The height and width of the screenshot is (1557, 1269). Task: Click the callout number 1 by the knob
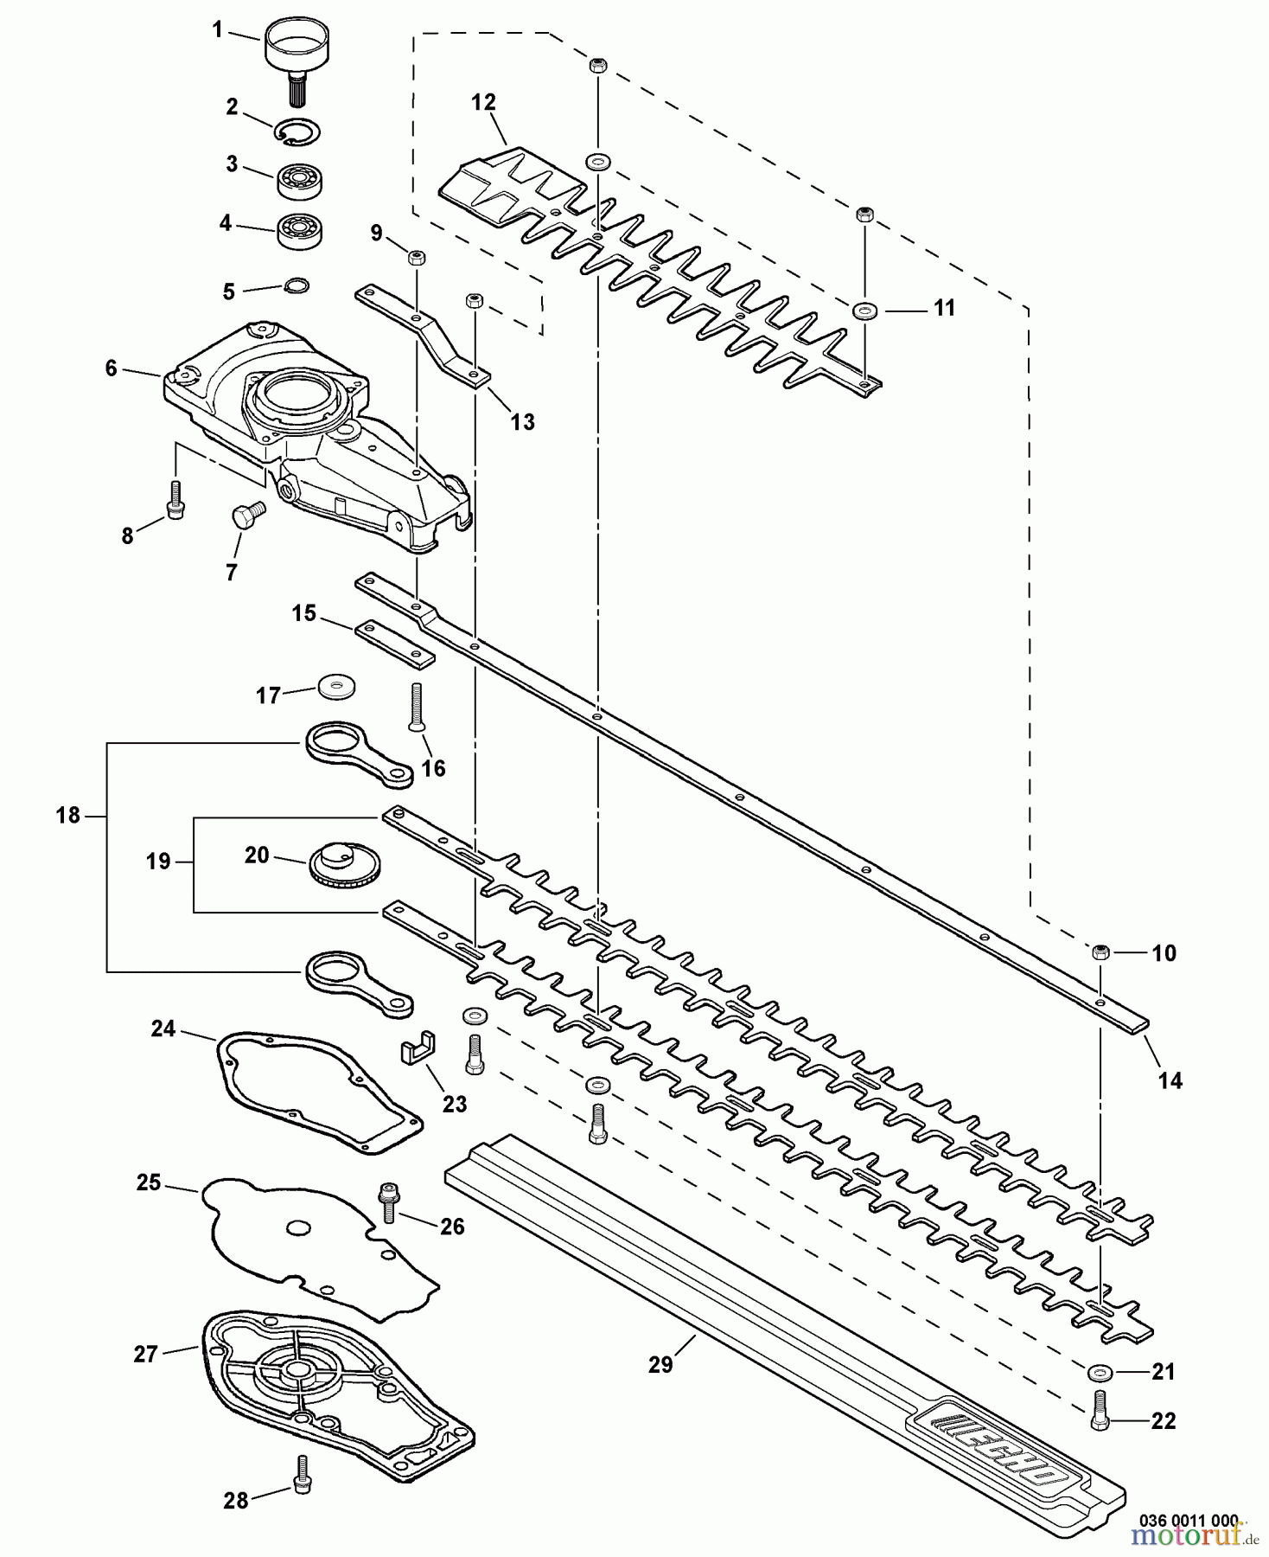[x=217, y=30]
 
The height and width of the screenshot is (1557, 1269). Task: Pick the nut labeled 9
[x=416, y=257]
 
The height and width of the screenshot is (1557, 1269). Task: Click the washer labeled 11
[x=863, y=310]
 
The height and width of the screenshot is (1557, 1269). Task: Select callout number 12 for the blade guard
[x=483, y=103]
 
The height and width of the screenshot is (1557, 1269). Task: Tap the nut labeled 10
[x=1100, y=952]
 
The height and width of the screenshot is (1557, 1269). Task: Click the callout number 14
[x=1170, y=1080]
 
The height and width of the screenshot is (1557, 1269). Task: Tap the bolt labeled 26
[x=387, y=1202]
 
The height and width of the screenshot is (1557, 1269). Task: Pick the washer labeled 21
[x=1100, y=1372]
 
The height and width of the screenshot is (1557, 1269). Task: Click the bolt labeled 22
[x=1100, y=1411]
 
